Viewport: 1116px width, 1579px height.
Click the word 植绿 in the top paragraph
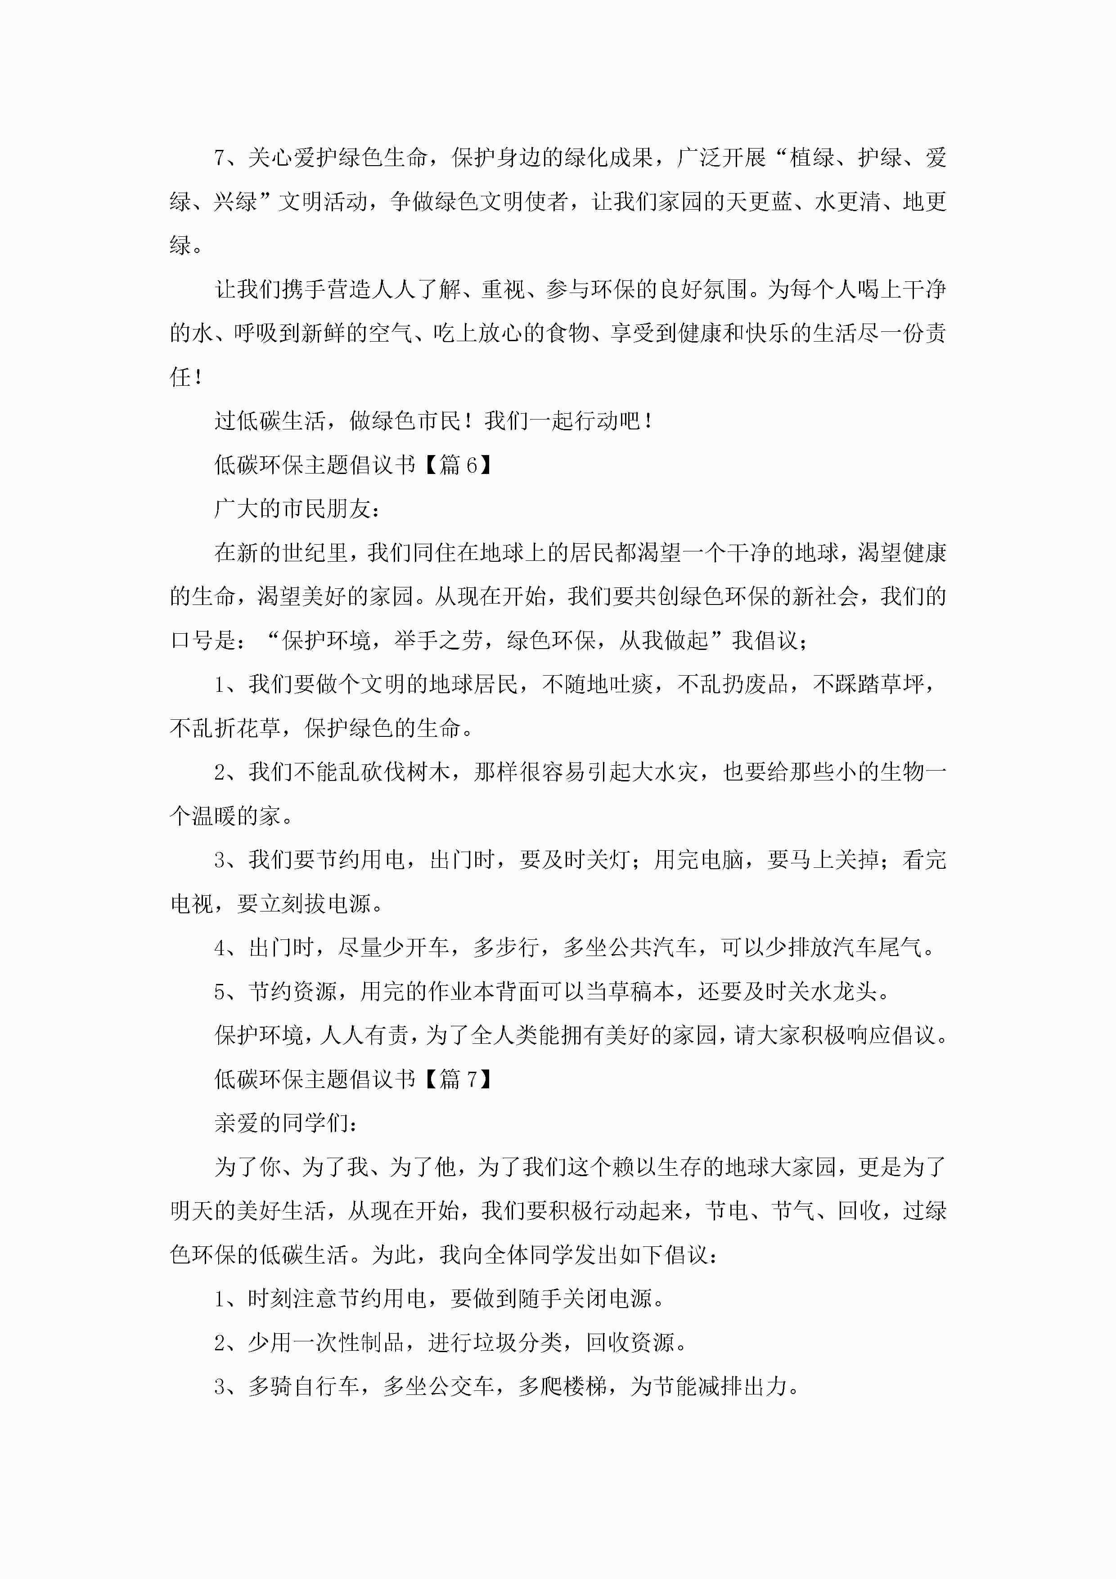(812, 158)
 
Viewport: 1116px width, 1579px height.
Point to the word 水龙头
(844, 992)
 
